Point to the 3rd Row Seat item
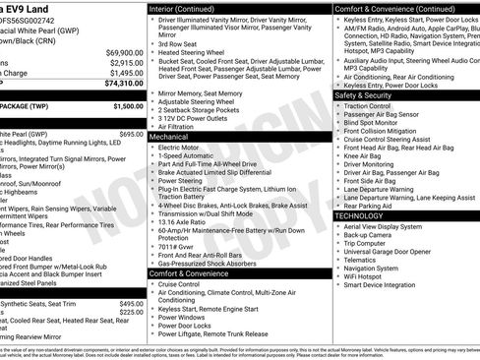[178, 44]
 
